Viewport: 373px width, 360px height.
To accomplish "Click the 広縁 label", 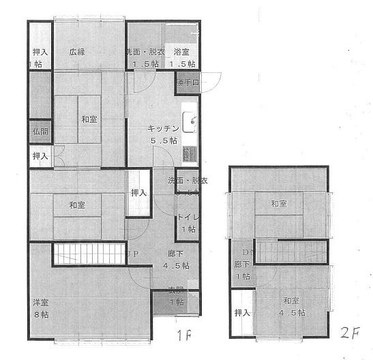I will [x=76, y=52].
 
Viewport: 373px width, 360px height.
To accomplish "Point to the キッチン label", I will [x=164, y=128].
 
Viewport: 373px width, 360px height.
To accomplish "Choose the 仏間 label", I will [x=39, y=132].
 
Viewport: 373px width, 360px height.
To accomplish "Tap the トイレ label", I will [x=188, y=218].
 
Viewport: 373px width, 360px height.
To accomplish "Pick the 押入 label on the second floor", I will [x=242, y=313].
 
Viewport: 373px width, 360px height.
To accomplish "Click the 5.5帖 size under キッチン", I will [x=164, y=140].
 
